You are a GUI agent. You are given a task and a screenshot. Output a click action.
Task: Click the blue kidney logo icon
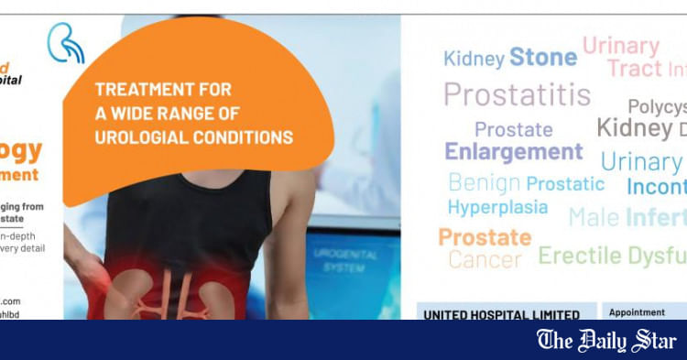click(65, 42)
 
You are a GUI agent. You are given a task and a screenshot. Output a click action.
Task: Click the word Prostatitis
click(518, 93)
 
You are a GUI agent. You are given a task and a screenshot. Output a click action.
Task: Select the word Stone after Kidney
click(543, 57)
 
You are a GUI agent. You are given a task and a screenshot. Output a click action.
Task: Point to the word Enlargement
click(514, 151)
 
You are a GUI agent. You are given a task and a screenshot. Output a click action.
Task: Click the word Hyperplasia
click(497, 207)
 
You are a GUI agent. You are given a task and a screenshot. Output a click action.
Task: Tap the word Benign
click(485, 183)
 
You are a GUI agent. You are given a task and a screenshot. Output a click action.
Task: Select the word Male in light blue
click(594, 217)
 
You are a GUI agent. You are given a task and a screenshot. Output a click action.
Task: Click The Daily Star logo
click(606, 341)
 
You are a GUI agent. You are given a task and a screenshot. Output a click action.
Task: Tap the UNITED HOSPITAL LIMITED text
click(501, 314)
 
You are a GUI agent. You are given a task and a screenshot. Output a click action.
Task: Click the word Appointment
click(637, 312)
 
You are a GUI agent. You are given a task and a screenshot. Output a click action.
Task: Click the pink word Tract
click(635, 69)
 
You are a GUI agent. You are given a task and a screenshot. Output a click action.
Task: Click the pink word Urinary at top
click(621, 46)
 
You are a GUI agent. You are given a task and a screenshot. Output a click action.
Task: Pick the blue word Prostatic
click(565, 184)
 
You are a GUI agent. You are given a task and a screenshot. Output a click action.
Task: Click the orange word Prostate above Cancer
click(485, 237)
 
